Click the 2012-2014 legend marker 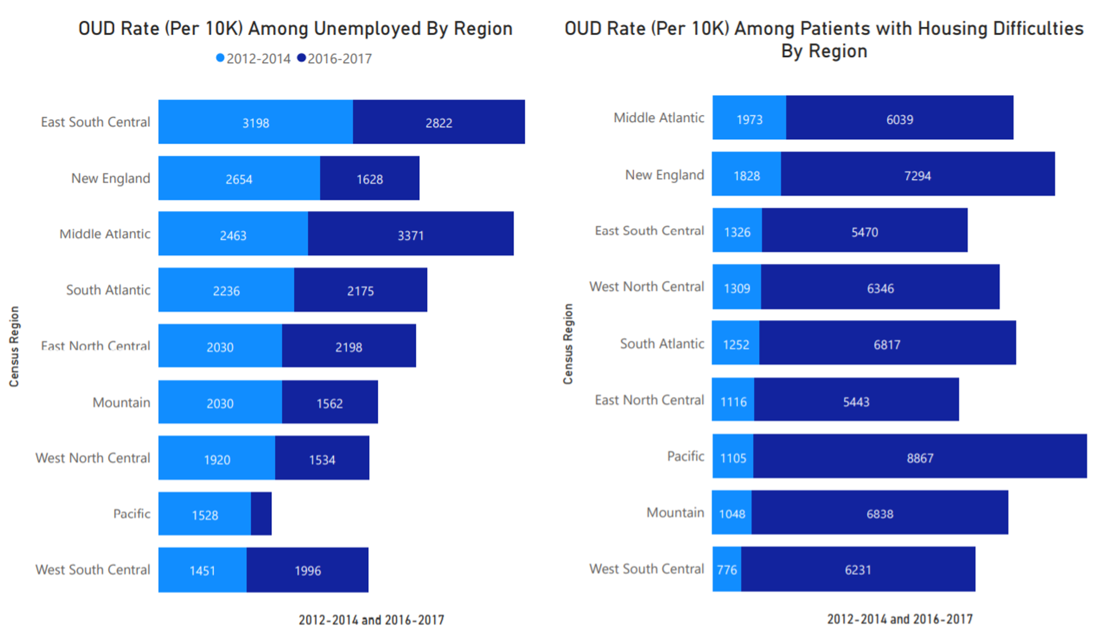220,58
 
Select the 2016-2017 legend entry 334,59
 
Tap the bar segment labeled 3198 255,122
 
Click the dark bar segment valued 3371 410,235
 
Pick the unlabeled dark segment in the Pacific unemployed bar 261,514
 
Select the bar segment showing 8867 920,457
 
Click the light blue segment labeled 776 726,570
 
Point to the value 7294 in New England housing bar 917,176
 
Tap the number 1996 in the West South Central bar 307,571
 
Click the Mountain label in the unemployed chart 121,403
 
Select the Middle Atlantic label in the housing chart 658,118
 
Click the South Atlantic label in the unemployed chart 108,290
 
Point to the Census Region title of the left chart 14,346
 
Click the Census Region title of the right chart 568,344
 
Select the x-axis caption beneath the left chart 371,620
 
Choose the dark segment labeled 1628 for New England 369,178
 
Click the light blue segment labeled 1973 749,119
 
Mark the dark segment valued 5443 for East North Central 856,401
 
